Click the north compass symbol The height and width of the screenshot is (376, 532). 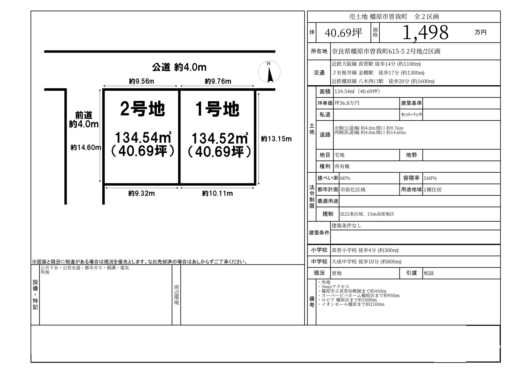[269, 72]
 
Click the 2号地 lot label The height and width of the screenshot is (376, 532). [143, 109]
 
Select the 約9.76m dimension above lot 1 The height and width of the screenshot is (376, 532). [218, 81]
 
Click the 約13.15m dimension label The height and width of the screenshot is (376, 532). [276, 139]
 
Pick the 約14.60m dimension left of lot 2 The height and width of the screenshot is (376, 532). [86, 148]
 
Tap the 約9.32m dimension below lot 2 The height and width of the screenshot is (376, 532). [141, 193]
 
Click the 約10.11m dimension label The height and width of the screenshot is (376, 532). [217, 193]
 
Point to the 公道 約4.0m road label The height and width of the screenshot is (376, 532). [179, 67]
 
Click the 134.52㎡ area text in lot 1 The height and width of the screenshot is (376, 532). [220, 138]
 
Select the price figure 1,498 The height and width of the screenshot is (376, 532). [425, 33]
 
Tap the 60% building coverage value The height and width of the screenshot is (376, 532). [345, 178]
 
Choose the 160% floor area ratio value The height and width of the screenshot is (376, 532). [430, 178]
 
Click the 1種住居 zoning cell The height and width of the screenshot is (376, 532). [432, 189]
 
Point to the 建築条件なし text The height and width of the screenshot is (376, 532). [346, 225]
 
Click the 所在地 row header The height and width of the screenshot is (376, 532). [319, 51]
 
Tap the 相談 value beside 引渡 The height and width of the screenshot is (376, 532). [428, 273]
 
